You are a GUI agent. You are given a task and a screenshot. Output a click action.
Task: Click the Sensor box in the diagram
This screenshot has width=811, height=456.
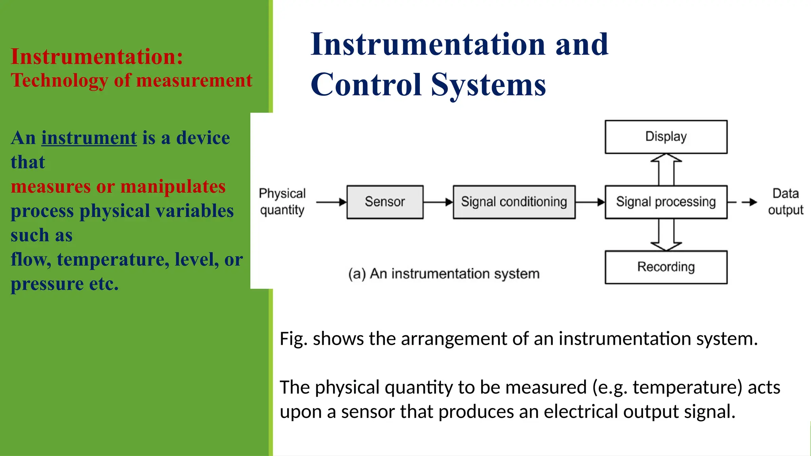[385, 202]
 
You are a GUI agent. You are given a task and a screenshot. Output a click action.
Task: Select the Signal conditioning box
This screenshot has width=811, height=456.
[514, 202]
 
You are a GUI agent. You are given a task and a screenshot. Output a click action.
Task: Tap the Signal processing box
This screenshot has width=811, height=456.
[666, 202]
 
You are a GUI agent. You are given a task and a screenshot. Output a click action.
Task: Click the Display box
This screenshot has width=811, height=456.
[666, 137]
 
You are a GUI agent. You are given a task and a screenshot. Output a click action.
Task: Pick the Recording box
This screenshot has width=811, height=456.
[666, 267]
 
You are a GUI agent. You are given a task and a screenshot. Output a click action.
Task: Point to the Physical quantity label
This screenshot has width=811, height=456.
[282, 201]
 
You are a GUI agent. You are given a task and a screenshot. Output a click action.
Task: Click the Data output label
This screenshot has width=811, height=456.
[785, 201]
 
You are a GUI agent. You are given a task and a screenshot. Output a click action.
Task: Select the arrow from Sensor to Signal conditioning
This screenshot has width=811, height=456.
[438, 202]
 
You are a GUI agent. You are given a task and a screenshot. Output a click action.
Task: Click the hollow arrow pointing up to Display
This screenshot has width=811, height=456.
[666, 169]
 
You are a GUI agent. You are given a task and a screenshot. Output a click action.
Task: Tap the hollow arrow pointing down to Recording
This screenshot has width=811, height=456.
[666, 235]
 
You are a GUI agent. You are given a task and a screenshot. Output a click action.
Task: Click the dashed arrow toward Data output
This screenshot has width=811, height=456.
[742, 202]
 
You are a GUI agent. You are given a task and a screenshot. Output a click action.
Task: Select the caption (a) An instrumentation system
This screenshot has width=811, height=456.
[444, 274]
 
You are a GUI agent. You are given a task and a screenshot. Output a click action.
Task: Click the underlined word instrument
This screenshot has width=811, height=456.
[89, 138]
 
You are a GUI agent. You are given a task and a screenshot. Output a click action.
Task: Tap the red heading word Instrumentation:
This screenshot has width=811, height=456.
[97, 57]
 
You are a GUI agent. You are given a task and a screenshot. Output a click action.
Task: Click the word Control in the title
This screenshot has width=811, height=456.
[366, 85]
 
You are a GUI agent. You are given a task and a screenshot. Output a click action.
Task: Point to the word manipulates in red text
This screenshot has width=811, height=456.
[173, 186]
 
